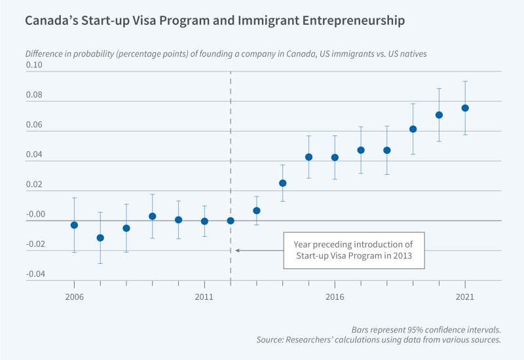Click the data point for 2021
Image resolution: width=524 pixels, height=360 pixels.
[465, 108]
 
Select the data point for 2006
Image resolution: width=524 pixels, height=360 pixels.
[74, 225]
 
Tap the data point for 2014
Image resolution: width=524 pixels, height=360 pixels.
[283, 183]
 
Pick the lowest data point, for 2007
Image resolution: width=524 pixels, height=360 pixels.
[100, 238]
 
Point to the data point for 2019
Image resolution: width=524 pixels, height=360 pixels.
[413, 129]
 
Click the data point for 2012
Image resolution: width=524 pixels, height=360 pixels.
[231, 221]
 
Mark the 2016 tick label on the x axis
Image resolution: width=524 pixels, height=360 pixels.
[335, 297]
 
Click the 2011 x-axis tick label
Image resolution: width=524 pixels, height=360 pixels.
[204, 297]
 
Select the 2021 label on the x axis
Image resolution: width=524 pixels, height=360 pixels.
[465, 297]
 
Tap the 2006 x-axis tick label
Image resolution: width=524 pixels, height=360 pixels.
[74, 297]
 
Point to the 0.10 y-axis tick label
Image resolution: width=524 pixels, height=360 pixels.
[33, 65]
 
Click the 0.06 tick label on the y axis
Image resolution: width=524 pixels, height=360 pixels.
[33, 124]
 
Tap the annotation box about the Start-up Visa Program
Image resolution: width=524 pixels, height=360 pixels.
[354, 250]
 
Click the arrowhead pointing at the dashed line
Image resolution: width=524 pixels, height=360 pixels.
[237, 250]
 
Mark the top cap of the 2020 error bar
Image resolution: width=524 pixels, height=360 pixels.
[439, 88]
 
